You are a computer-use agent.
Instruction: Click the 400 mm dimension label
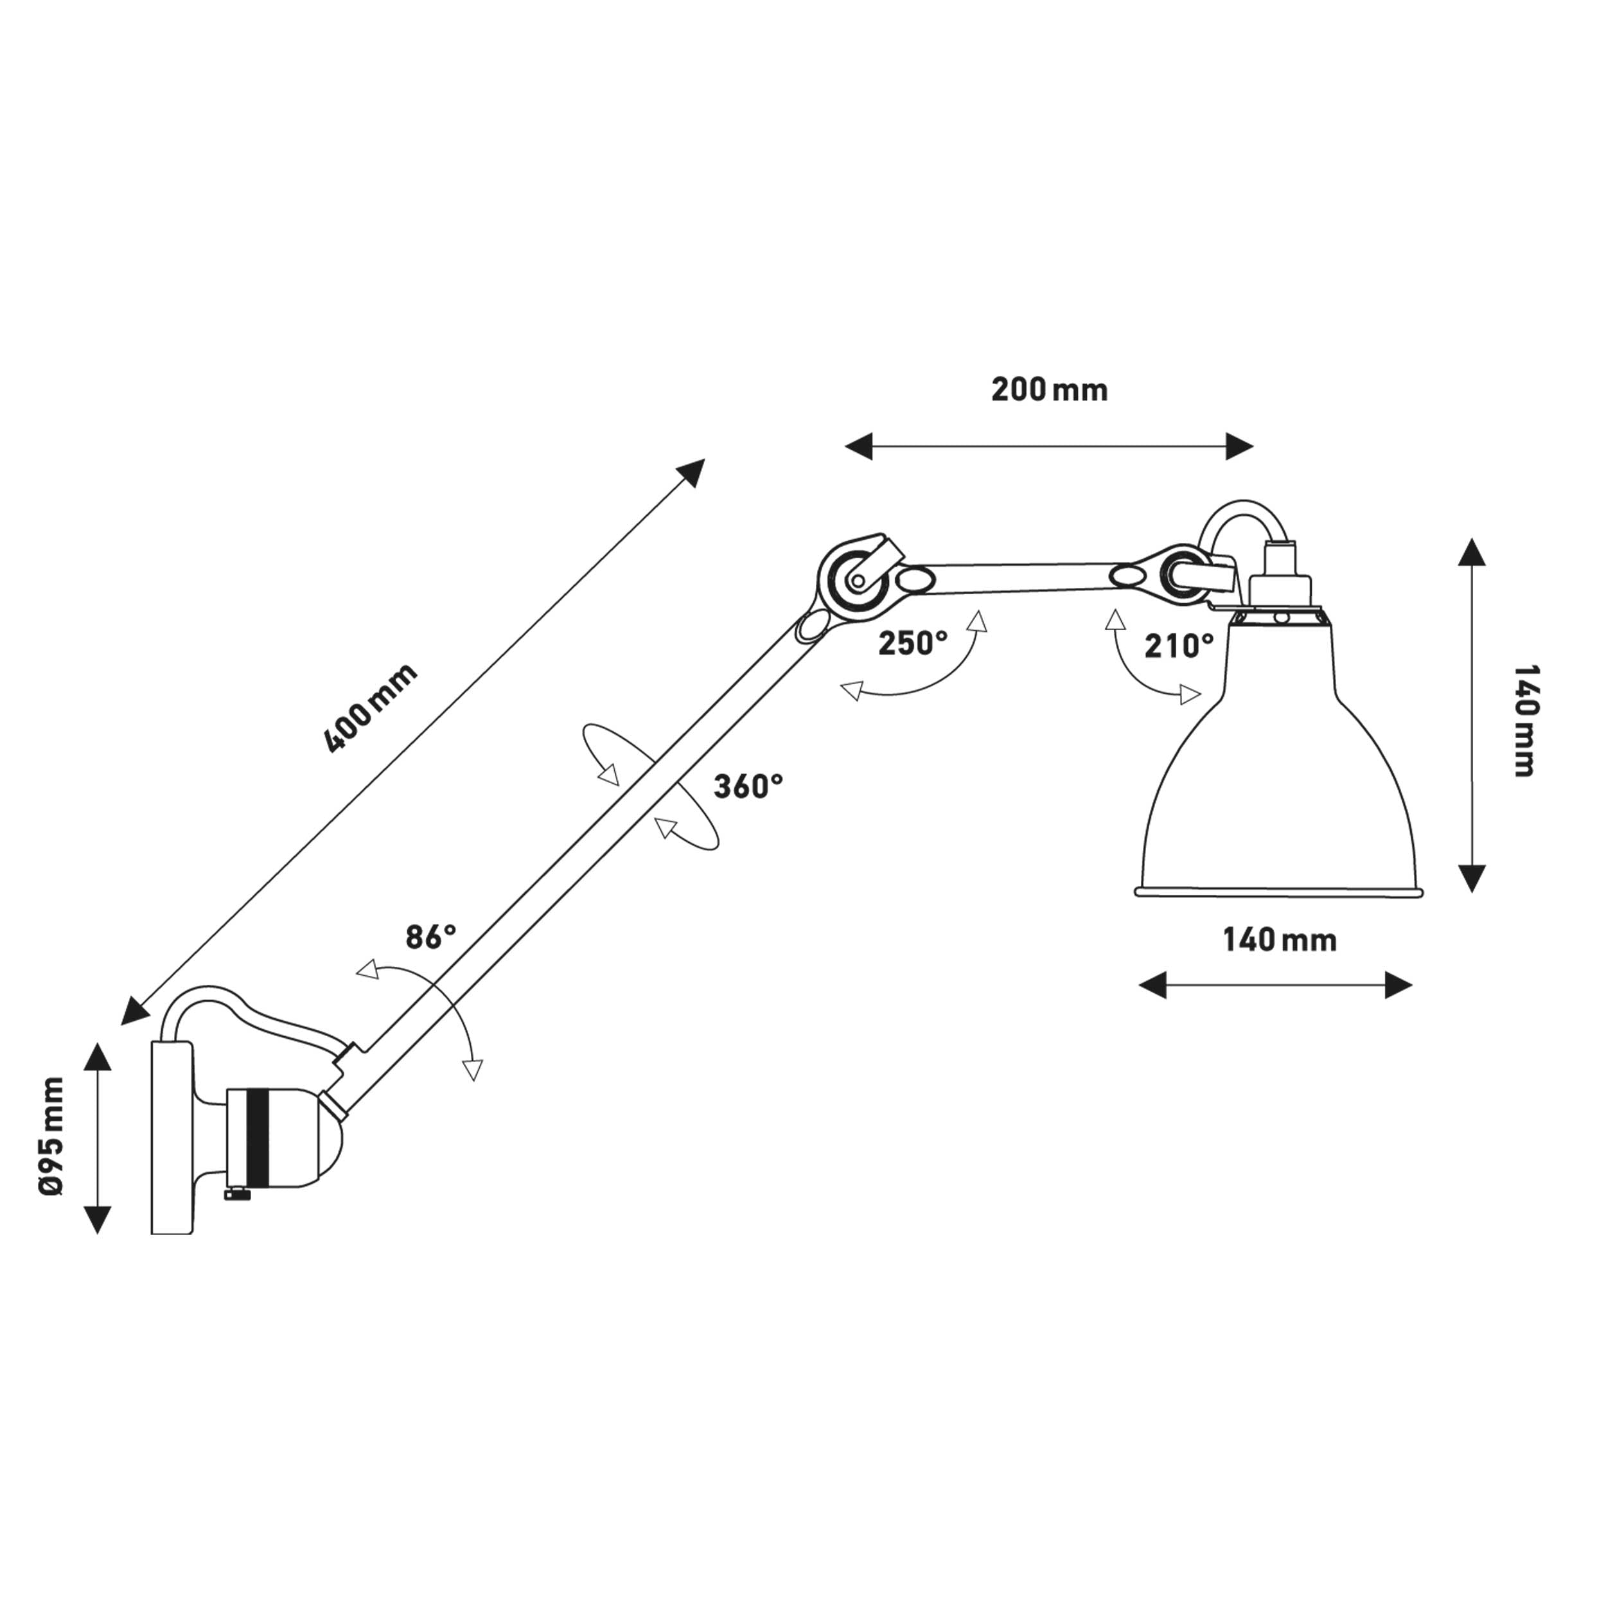click(370, 708)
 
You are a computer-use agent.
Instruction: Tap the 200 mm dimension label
click(1049, 390)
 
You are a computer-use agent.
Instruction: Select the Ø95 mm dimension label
click(51, 1137)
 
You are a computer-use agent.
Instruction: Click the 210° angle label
click(1179, 645)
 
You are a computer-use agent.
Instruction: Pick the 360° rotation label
click(748, 786)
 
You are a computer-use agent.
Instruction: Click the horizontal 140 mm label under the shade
click(1279, 940)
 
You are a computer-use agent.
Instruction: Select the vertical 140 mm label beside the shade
click(1524, 720)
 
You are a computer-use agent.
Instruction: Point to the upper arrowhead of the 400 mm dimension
click(692, 473)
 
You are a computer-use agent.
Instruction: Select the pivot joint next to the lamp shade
click(1178, 573)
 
